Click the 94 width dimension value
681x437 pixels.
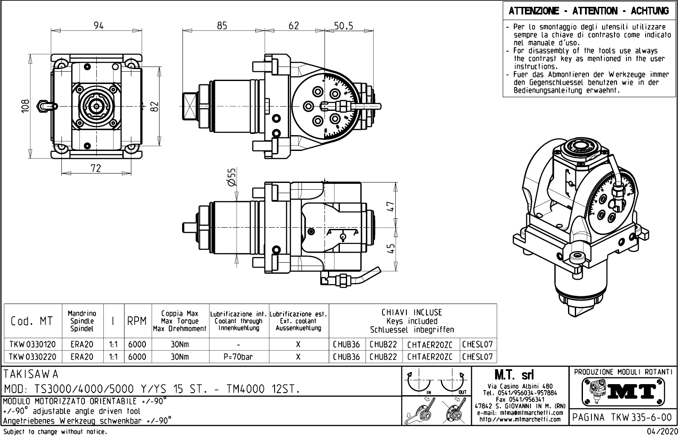99,26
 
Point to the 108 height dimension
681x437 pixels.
26,105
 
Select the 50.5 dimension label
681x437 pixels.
343,26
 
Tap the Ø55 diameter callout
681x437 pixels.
231,177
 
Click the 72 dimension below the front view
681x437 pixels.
96,168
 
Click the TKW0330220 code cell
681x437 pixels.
33,356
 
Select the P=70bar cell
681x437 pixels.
238,356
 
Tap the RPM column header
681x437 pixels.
137,321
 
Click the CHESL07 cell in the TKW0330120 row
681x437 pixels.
478,344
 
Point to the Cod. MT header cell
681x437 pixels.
32,321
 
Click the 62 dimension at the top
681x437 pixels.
294,26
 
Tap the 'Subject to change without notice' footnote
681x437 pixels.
55,432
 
